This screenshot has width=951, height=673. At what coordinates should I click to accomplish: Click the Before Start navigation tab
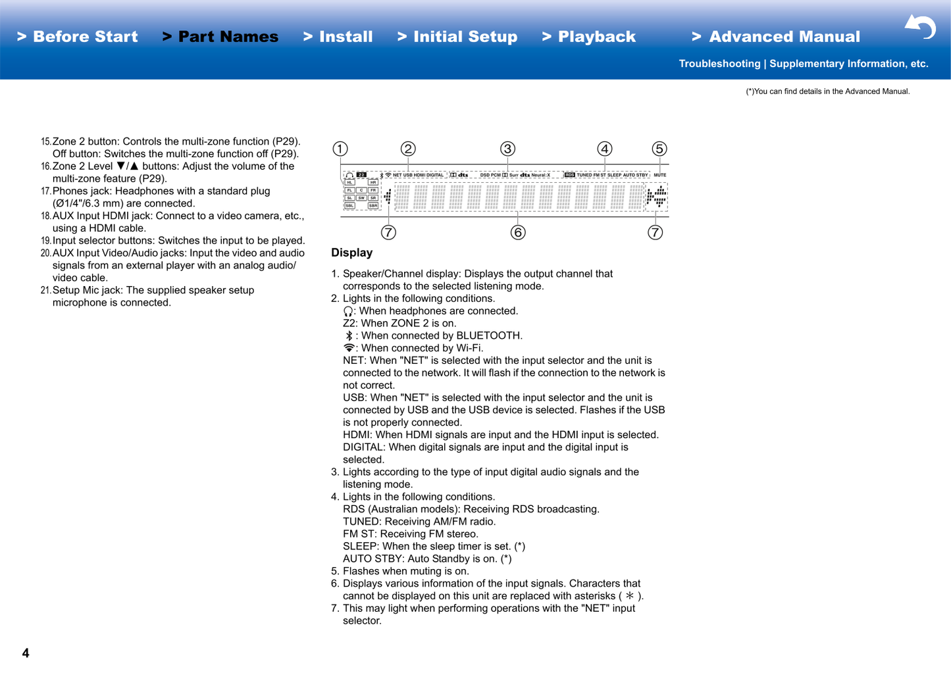point(78,37)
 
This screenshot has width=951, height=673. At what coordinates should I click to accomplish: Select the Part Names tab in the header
point(220,37)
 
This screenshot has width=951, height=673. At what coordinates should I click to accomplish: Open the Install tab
point(338,37)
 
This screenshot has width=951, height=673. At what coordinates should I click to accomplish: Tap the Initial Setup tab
point(457,37)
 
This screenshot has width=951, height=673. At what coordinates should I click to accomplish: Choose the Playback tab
point(589,37)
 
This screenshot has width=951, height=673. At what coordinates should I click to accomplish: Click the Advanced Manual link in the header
point(776,37)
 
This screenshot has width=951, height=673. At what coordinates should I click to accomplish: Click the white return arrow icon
point(920,27)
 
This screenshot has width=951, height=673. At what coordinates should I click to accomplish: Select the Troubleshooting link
point(719,64)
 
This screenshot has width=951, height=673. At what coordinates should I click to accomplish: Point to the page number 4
point(26,653)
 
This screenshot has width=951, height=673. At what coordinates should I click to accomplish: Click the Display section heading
point(351,253)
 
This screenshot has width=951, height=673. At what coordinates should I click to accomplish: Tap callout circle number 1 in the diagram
point(340,149)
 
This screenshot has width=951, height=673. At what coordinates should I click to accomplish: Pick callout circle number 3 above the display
point(507,149)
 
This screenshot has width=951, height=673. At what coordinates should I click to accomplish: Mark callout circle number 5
point(659,149)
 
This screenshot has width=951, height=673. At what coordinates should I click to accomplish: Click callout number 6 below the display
point(518,232)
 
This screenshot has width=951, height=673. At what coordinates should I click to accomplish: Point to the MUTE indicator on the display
point(659,175)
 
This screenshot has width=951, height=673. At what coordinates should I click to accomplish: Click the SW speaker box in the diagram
point(361,198)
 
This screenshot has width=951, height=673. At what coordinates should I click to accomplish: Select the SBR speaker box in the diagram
point(373,206)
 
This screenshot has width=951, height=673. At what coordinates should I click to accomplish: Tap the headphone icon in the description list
point(349,311)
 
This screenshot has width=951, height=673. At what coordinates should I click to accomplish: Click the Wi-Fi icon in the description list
point(349,348)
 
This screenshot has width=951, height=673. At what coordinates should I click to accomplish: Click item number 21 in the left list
point(45,290)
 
